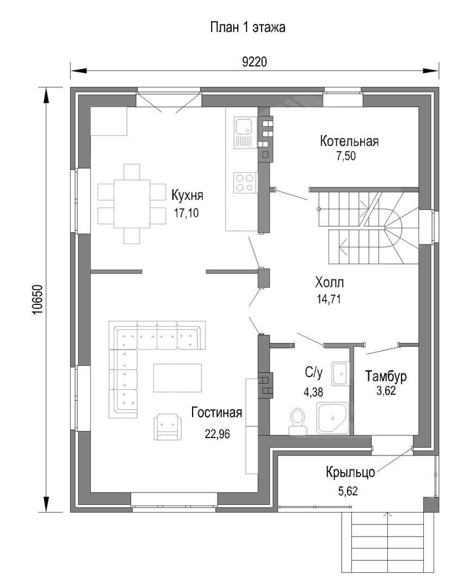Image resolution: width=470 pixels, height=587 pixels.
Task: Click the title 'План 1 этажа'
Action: (248, 27)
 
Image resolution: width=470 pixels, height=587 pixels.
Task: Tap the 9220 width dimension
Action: (255, 62)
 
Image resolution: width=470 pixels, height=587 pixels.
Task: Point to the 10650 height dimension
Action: (38, 299)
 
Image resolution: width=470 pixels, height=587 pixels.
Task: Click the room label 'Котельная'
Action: (349, 141)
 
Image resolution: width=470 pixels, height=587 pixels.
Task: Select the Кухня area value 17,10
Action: (186, 213)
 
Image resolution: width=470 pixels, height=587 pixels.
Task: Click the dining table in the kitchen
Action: (132, 204)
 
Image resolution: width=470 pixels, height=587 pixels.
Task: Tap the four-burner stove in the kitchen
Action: (245, 183)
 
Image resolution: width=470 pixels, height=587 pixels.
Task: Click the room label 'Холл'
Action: (330, 282)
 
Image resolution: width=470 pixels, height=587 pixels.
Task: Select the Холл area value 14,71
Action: (329, 299)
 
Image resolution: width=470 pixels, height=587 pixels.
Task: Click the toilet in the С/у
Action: (298, 421)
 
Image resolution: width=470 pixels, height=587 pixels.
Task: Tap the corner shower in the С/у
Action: (333, 418)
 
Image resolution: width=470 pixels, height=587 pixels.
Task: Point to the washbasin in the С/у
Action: (341, 373)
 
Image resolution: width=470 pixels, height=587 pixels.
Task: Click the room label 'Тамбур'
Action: (386, 376)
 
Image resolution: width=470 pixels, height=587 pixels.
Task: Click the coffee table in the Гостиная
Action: (177, 378)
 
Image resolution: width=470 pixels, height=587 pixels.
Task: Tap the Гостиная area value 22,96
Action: (218, 434)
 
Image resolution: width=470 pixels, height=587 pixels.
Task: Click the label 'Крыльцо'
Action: (350, 472)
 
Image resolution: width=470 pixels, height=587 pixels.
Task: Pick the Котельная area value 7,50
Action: (346, 156)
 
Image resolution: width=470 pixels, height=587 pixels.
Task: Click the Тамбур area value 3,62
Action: (386, 391)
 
